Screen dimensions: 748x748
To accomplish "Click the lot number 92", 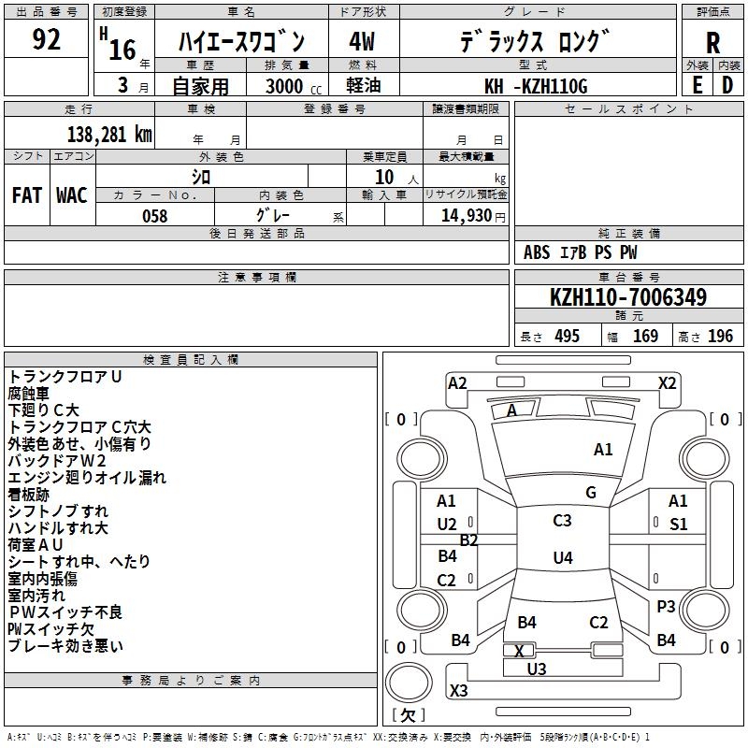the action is coord(46,39).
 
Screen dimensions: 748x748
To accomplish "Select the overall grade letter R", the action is coord(712,43).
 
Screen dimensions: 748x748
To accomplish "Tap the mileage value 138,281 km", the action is coord(109,135).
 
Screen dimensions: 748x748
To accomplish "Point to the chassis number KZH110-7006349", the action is coord(628,296).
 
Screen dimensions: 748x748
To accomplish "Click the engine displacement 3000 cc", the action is coord(294,86).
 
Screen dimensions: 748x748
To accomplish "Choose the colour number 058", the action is coord(155,216).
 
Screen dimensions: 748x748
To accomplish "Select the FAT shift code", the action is coord(27,195).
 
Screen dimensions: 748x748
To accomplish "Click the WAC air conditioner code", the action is coord(72,195).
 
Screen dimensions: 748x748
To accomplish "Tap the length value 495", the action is coord(567,336).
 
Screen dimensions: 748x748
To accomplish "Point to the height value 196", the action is coord(720,336).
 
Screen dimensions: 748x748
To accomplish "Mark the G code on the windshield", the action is coord(591,493).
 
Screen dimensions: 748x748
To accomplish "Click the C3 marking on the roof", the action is coord(562,521).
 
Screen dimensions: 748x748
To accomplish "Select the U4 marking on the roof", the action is coord(563,557).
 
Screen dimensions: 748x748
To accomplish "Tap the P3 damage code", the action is coord(666,607).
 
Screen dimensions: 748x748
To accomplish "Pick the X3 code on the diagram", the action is coord(458,690).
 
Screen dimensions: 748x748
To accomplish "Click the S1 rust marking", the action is coord(679,525).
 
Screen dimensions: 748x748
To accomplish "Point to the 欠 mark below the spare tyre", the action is coord(408,715).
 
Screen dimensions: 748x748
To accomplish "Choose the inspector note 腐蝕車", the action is coord(29,394).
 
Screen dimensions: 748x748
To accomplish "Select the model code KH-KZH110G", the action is coord(536,86).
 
